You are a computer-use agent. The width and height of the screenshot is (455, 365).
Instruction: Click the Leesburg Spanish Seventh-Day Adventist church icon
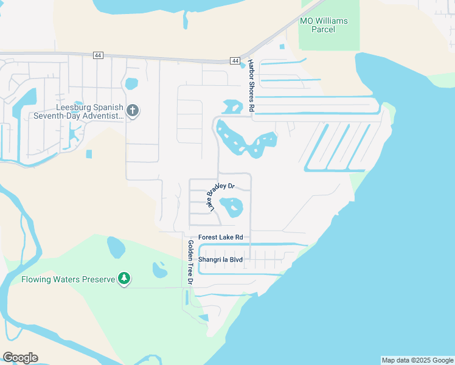tap(133, 111)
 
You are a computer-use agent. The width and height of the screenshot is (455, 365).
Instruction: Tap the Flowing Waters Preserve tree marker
tap(124, 279)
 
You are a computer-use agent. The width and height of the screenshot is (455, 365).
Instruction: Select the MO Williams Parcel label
tap(324, 25)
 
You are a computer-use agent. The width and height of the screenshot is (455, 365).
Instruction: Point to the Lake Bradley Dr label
tap(221, 194)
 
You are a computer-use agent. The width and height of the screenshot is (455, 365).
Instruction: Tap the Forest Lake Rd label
tap(221, 237)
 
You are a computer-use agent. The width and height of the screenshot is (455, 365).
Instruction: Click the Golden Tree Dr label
tap(190, 263)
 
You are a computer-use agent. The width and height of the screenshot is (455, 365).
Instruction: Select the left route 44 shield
tap(98, 55)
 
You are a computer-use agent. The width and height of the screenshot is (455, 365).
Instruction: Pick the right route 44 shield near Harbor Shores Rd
tap(235, 60)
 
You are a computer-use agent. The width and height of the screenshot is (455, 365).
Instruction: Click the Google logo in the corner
tap(20, 358)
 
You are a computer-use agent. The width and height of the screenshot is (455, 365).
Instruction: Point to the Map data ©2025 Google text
tap(417, 360)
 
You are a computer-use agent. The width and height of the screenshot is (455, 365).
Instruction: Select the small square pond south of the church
tap(89, 154)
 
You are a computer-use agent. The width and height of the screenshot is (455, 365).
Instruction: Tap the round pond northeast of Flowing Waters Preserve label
tap(116, 247)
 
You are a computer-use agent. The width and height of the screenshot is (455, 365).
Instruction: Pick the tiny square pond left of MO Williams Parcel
tap(281, 46)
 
